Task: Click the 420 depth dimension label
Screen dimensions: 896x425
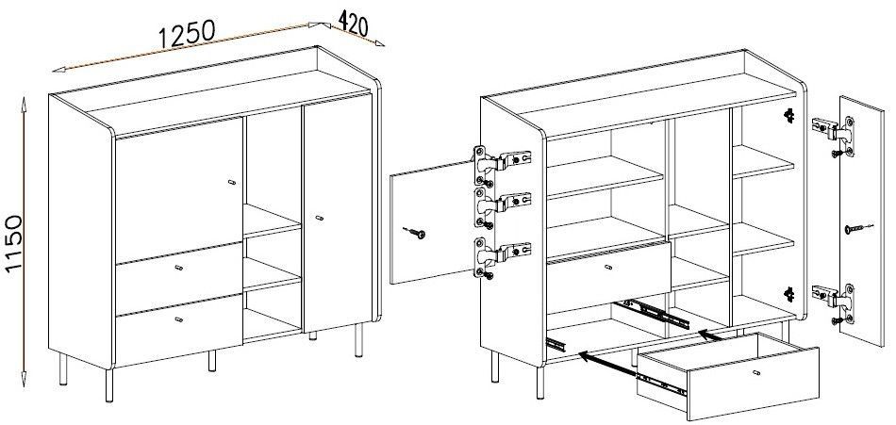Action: (353, 23)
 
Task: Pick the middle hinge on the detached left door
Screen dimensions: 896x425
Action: (501, 206)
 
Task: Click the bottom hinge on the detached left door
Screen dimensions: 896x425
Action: (501, 256)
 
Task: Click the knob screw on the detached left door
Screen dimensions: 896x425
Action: (415, 232)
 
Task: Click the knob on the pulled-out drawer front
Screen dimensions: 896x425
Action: (757, 373)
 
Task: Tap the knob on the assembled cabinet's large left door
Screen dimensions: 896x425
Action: (230, 182)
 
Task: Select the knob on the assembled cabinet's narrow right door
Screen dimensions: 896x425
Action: (320, 218)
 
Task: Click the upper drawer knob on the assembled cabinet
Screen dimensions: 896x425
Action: (179, 268)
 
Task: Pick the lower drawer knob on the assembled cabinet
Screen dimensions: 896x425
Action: (179, 319)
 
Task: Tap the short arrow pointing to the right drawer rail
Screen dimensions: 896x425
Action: (709, 335)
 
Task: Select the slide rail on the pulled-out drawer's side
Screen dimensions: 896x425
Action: (661, 384)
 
